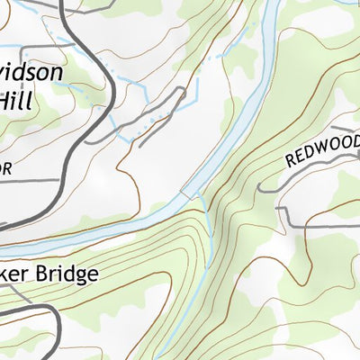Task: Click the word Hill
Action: click(x=16, y=99)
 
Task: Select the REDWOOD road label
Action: click(x=322, y=149)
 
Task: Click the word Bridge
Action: click(x=62, y=274)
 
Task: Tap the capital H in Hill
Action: click(x=7, y=99)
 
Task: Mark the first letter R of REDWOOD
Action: click(x=291, y=162)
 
